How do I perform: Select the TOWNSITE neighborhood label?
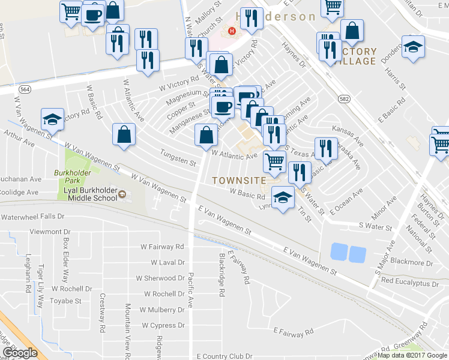click(239, 180)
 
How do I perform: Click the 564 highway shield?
click(25, 89)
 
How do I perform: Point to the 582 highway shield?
click(343, 97)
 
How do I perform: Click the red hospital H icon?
click(232, 31)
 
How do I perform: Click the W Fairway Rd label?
click(162, 247)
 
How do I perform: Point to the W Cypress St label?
click(163, 325)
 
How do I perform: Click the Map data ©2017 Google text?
click(412, 355)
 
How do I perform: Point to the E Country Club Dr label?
click(224, 356)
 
